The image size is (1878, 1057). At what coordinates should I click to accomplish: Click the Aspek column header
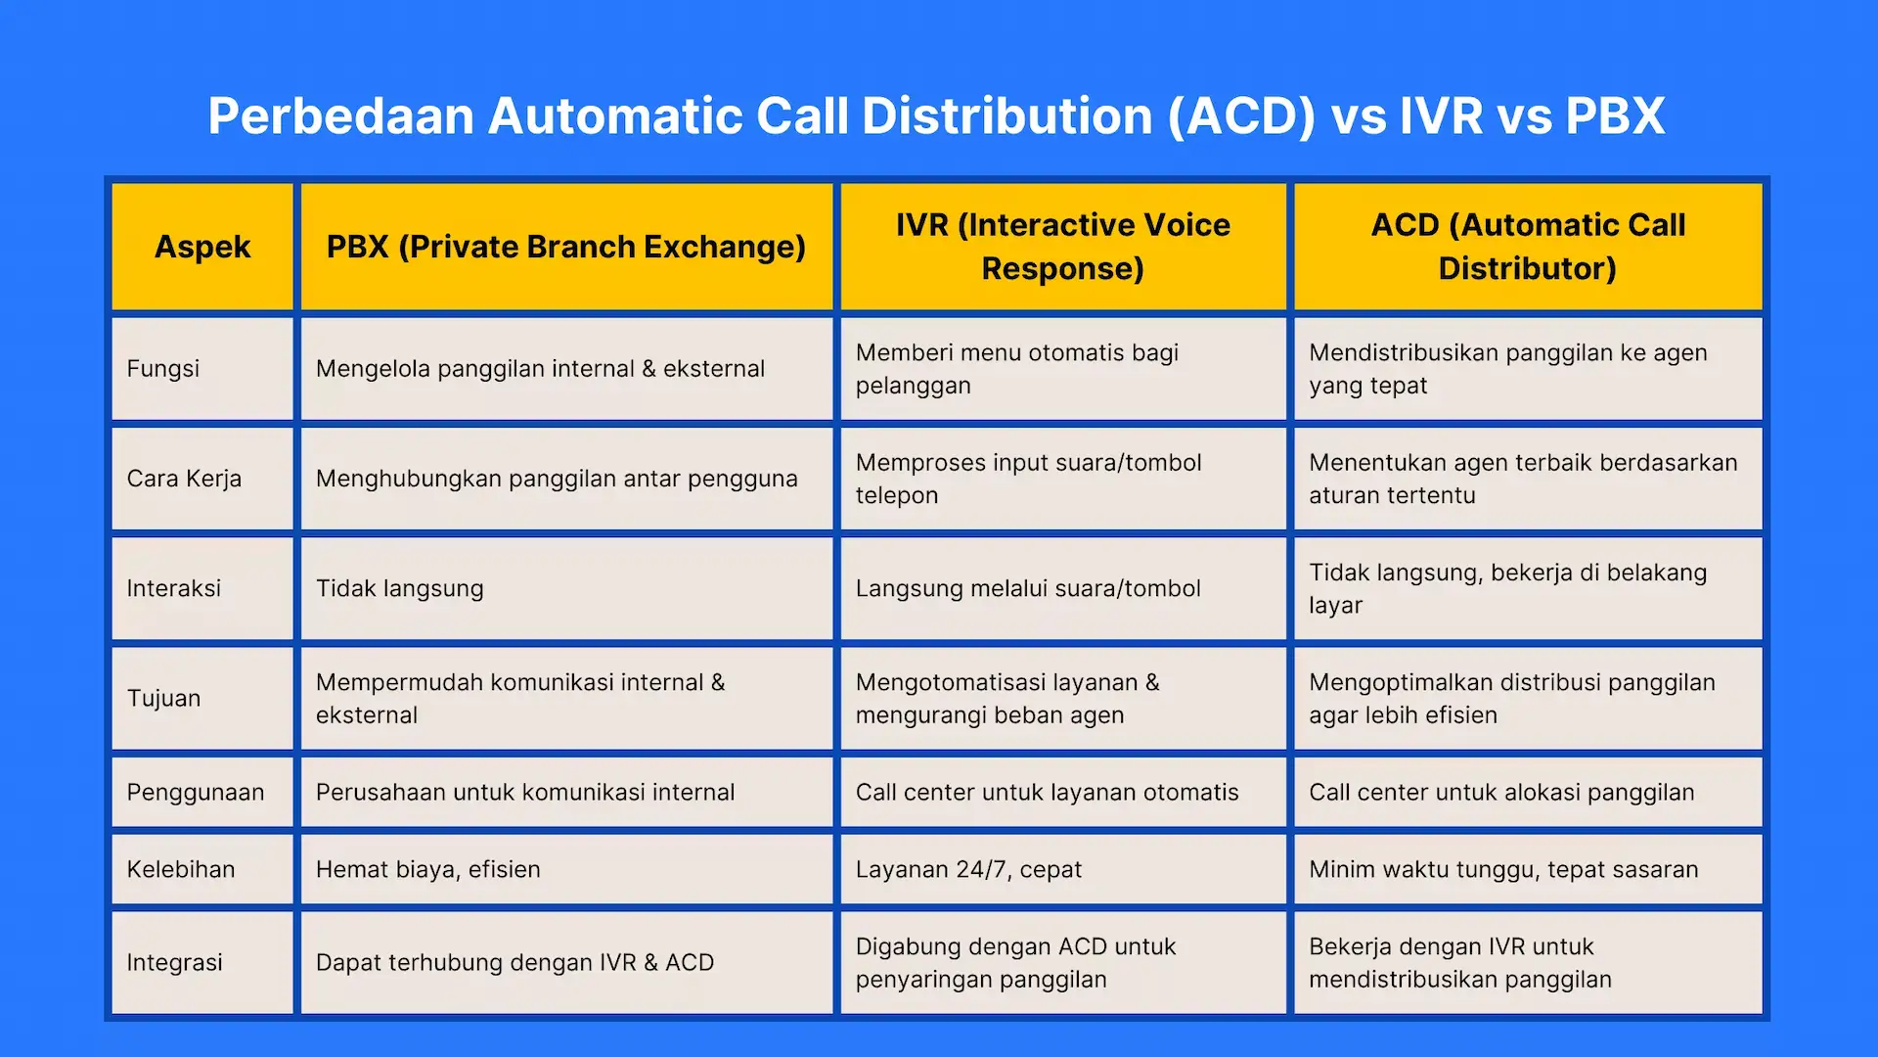pyautogui.click(x=202, y=247)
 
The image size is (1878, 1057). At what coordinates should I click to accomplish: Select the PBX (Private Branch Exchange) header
pyautogui.click(x=565, y=247)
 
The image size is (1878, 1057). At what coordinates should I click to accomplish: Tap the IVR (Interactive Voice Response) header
pyautogui.click(x=1062, y=247)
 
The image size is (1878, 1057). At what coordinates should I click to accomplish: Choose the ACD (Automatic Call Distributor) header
pyautogui.click(x=1527, y=247)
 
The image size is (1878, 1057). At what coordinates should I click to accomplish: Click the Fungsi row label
pyautogui.click(x=163, y=369)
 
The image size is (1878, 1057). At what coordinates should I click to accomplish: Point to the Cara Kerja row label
pyautogui.click(x=184, y=479)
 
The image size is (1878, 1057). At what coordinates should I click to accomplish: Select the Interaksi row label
pyautogui.click(x=174, y=588)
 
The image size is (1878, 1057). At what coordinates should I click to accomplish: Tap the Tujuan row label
pyautogui.click(x=163, y=698)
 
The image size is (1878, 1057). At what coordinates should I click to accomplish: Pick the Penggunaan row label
pyautogui.click(x=196, y=792)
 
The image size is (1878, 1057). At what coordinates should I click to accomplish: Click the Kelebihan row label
pyautogui.click(x=181, y=869)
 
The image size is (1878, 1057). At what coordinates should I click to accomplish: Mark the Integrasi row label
pyautogui.click(x=174, y=962)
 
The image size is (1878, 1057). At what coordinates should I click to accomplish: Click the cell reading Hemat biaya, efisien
pyautogui.click(x=427, y=869)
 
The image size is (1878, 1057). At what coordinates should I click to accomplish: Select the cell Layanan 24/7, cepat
pyautogui.click(x=968, y=869)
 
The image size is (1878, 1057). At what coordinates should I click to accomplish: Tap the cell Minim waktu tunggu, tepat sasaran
pyautogui.click(x=1503, y=869)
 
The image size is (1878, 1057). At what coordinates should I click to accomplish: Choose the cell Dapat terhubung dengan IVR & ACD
pyautogui.click(x=514, y=962)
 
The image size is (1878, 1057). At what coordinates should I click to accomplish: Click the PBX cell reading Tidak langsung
pyautogui.click(x=399, y=588)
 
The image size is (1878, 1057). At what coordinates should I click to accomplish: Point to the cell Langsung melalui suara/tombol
pyautogui.click(x=1028, y=588)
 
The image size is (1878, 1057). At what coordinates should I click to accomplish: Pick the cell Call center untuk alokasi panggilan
pyautogui.click(x=1501, y=792)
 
